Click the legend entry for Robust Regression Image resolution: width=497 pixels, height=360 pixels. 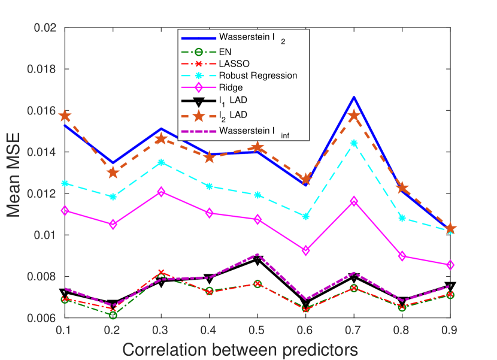click(x=257, y=75)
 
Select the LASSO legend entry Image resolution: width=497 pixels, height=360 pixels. click(x=233, y=63)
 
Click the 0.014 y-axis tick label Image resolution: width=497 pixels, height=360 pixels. click(x=43, y=152)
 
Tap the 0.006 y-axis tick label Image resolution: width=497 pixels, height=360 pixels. click(x=43, y=318)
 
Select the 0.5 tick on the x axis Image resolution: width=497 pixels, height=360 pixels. click(x=257, y=330)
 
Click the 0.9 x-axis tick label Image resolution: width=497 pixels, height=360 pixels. click(x=451, y=330)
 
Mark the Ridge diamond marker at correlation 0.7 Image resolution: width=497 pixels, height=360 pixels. click(x=354, y=201)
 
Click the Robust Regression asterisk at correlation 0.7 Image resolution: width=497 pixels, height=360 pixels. click(x=354, y=143)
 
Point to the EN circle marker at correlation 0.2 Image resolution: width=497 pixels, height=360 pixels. click(x=113, y=315)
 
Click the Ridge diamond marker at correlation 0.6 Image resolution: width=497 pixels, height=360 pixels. click(x=306, y=250)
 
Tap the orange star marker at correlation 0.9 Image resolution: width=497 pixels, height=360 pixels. click(x=451, y=229)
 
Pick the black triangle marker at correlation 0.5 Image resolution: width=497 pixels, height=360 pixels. click(x=257, y=260)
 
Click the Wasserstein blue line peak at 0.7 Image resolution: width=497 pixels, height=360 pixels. click(x=354, y=97)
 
